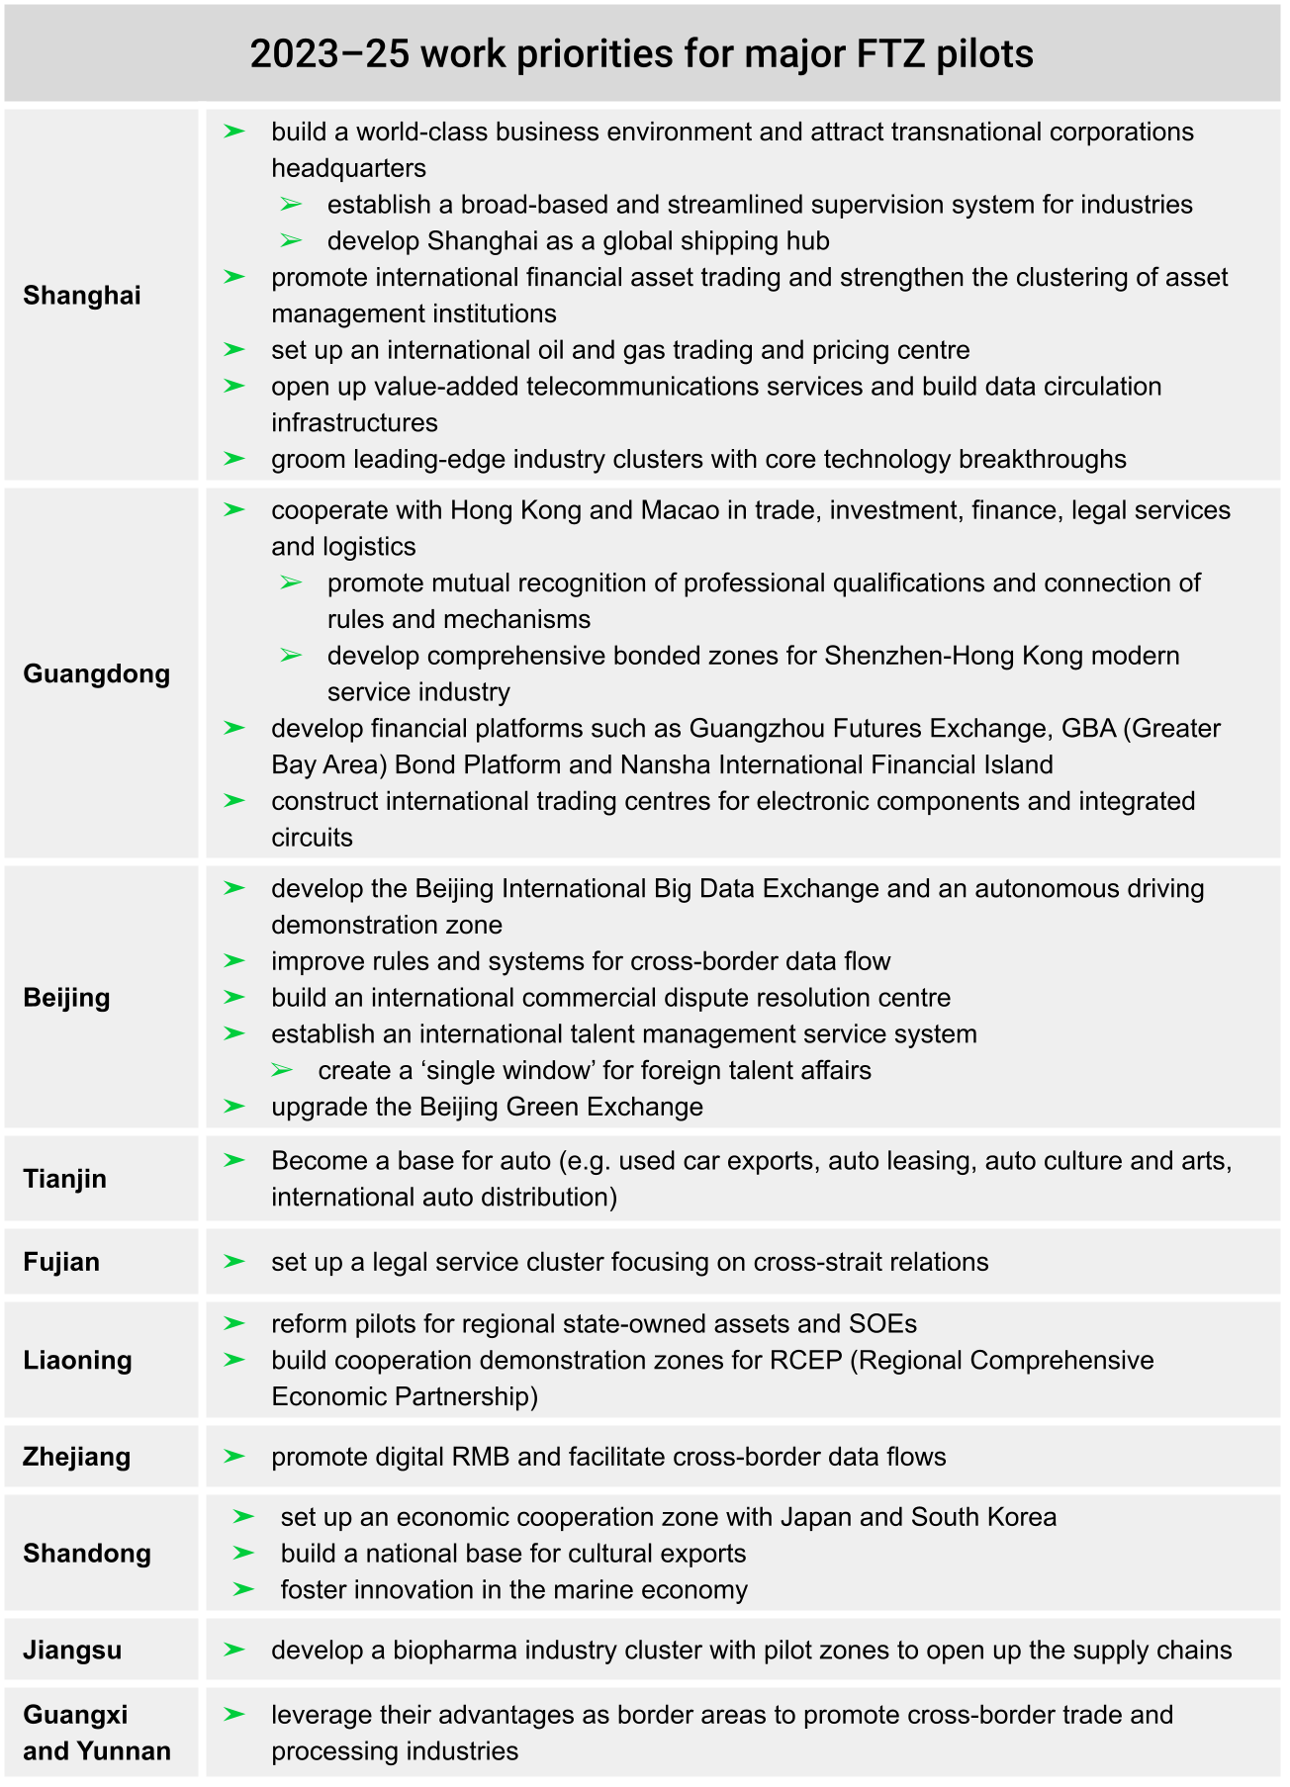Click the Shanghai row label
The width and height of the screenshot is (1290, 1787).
[82, 296]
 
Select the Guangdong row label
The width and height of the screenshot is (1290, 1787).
[96, 674]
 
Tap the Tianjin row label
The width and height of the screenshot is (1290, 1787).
[64, 1179]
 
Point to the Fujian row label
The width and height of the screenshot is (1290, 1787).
[61, 1262]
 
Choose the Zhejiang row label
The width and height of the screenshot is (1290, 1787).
[76, 1457]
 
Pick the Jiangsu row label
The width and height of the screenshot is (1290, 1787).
[72, 1651]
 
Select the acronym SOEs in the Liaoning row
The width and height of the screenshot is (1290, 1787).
[883, 1324]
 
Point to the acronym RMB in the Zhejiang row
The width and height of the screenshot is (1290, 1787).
[481, 1457]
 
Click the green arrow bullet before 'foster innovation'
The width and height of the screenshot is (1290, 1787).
[243, 1589]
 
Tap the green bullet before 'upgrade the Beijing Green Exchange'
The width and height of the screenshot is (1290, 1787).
[234, 1106]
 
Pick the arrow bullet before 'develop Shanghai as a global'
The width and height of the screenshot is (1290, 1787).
[291, 240]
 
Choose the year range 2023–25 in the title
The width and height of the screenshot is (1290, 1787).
[329, 53]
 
